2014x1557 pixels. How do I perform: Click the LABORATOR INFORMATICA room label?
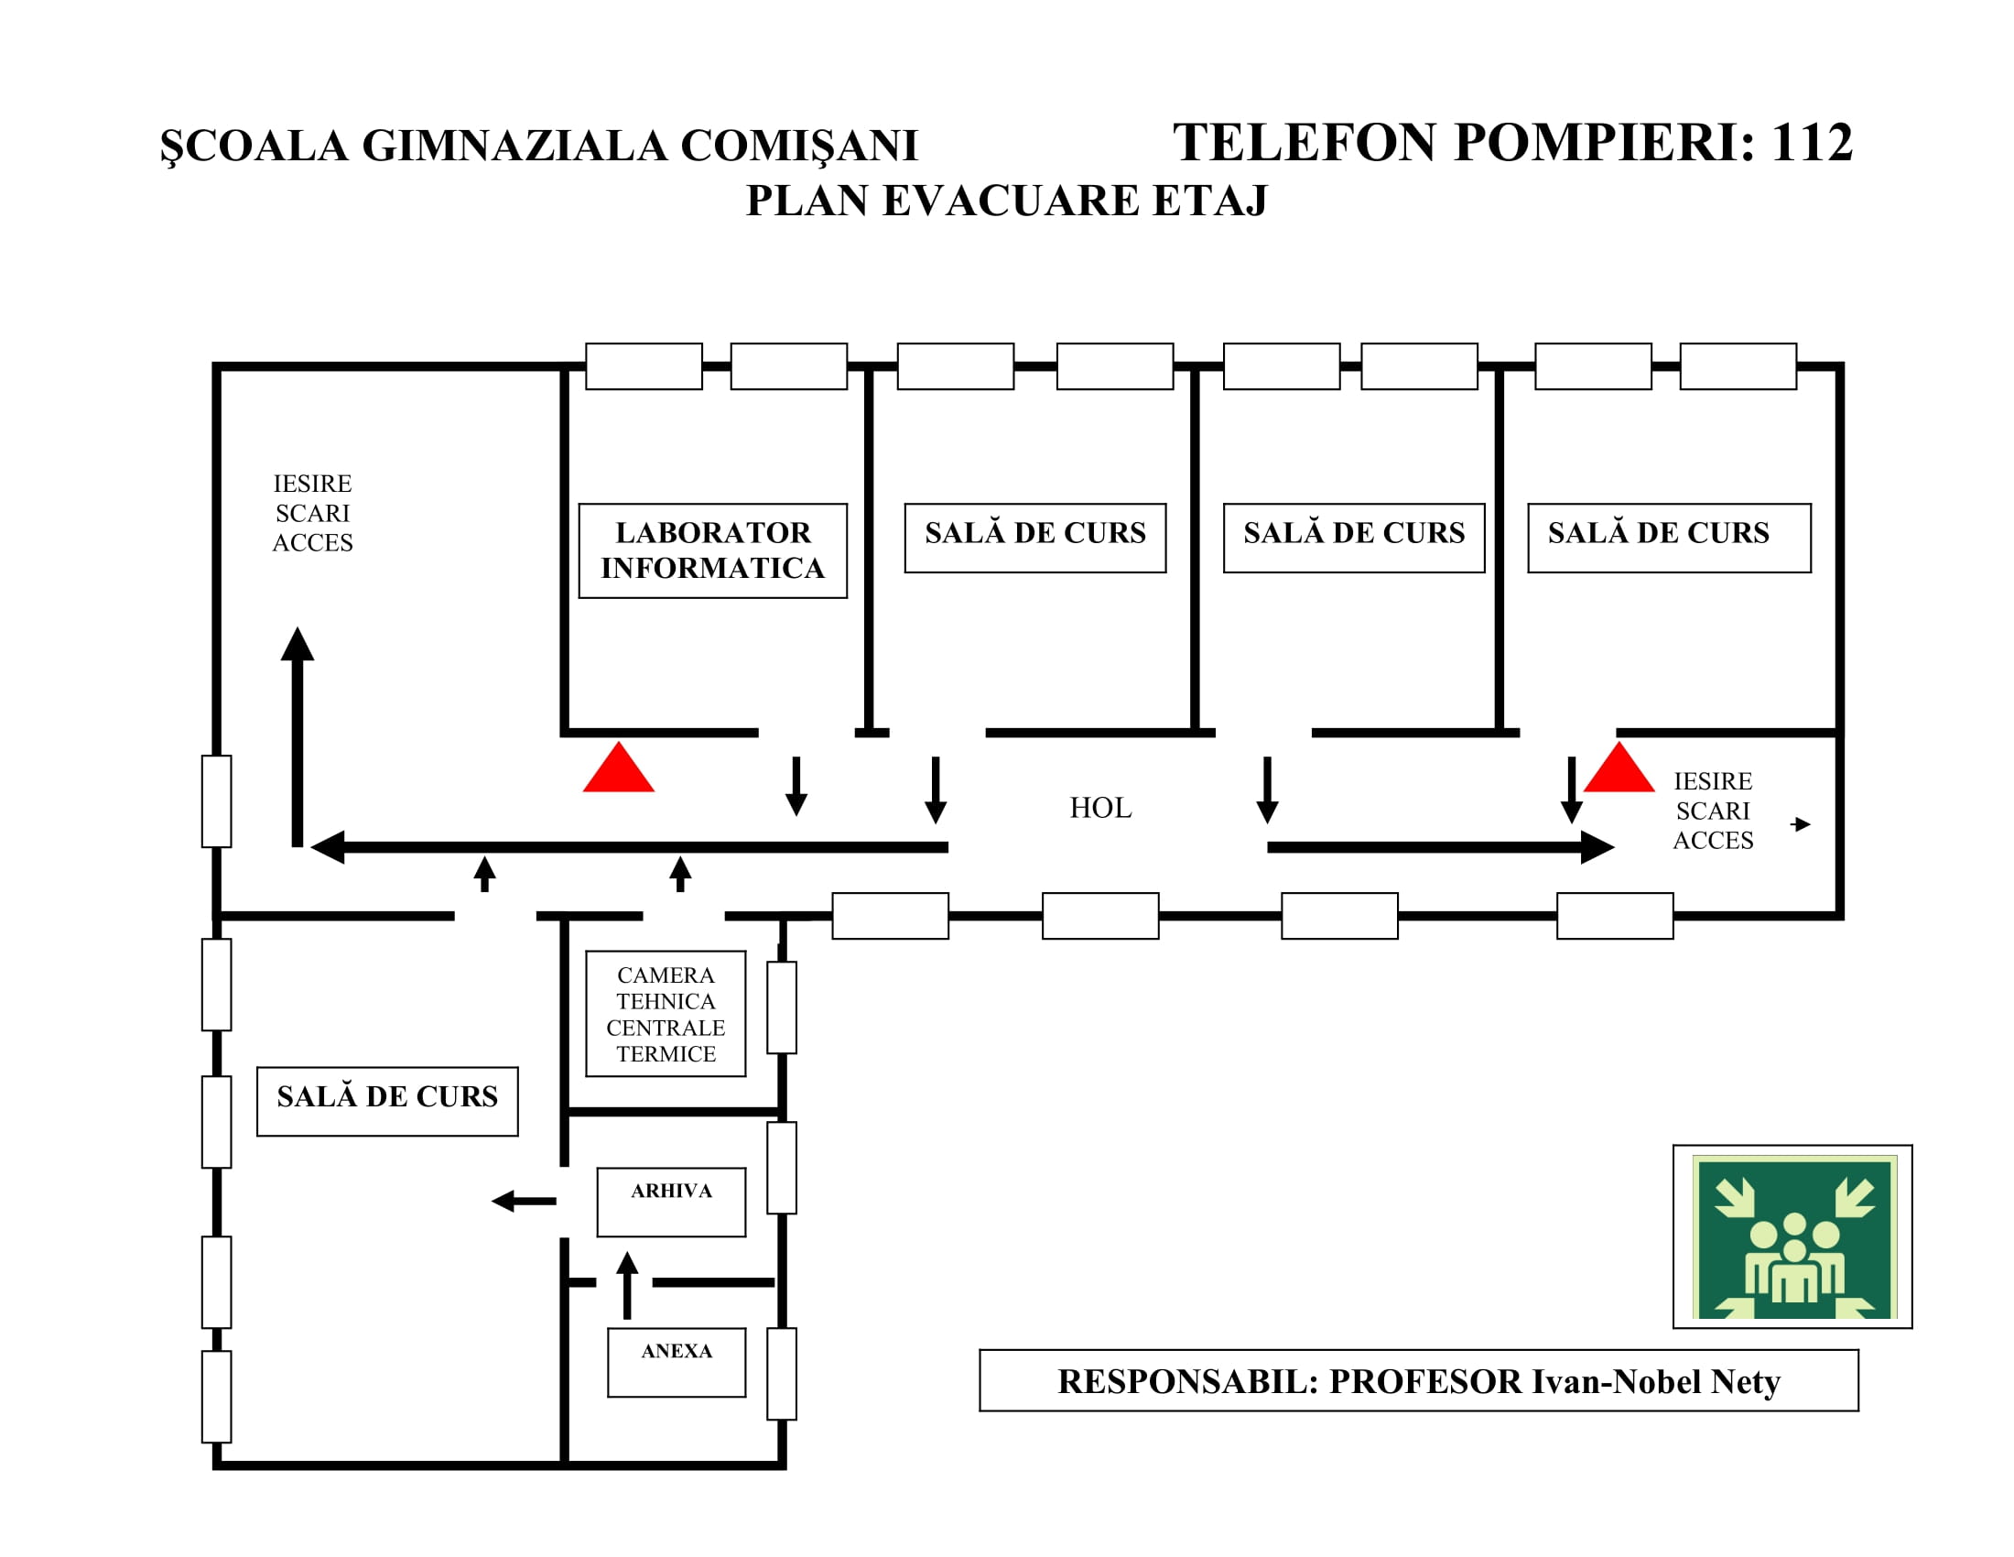(x=712, y=550)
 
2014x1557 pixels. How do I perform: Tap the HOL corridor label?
(x=1100, y=808)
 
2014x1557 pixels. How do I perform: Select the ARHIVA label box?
(x=671, y=1202)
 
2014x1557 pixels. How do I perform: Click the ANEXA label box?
(x=676, y=1363)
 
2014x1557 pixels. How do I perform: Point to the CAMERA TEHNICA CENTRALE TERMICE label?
(x=666, y=1014)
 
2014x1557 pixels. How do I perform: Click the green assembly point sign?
(x=1792, y=1237)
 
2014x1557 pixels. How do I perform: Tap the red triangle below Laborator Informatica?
(x=619, y=767)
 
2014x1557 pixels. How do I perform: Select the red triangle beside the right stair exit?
(x=1619, y=767)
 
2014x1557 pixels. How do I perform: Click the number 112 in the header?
(x=1811, y=143)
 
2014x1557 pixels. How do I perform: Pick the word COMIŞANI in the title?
(x=798, y=146)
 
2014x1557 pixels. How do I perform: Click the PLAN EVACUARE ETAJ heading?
(x=1006, y=201)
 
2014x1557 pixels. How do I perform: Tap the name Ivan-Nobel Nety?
(x=1656, y=1382)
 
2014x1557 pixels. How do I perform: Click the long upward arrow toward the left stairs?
(x=297, y=736)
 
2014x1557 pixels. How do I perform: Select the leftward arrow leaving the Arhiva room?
(x=524, y=1201)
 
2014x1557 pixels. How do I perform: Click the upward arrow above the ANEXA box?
(x=627, y=1286)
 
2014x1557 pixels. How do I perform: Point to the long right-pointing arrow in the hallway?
(x=1440, y=847)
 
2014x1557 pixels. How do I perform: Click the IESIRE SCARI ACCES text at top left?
(x=312, y=513)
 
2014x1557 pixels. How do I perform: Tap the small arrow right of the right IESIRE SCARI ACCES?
(x=1801, y=823)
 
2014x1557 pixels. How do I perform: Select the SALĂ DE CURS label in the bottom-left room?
(x=387, y=1095)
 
